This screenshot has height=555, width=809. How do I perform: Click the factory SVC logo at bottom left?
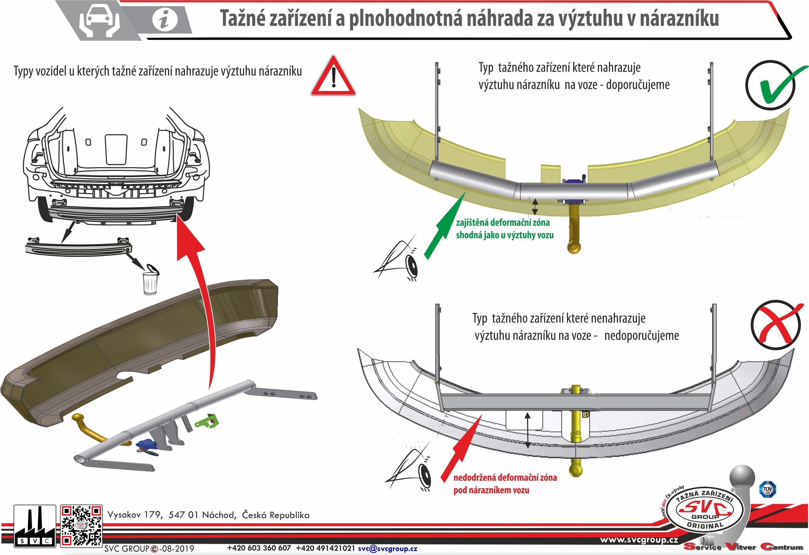(34, 526)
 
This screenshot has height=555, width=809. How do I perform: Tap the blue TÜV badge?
(767, 489)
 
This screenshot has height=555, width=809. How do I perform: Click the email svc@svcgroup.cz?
(388, 548)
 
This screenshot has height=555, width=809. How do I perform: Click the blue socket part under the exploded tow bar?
(147, 446)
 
